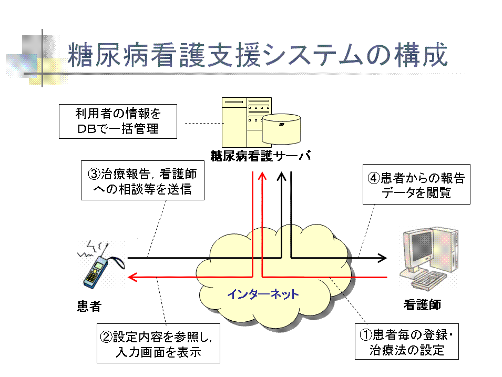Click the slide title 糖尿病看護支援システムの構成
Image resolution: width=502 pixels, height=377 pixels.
click(x=258, y=55)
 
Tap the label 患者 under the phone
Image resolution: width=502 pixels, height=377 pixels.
click(x=89, y=306)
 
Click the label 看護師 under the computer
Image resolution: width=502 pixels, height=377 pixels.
click(x=422, y=304)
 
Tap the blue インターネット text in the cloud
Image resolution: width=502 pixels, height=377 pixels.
click(x=263, y=294)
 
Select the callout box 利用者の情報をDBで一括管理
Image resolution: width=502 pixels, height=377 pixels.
click(x=117, y=121)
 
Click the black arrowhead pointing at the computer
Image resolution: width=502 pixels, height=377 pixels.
click(x=382, y=258)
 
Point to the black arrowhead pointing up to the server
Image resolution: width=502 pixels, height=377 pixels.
click(x=282, y=178)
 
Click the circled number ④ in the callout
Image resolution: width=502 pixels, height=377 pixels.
click(x=373, y=178)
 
